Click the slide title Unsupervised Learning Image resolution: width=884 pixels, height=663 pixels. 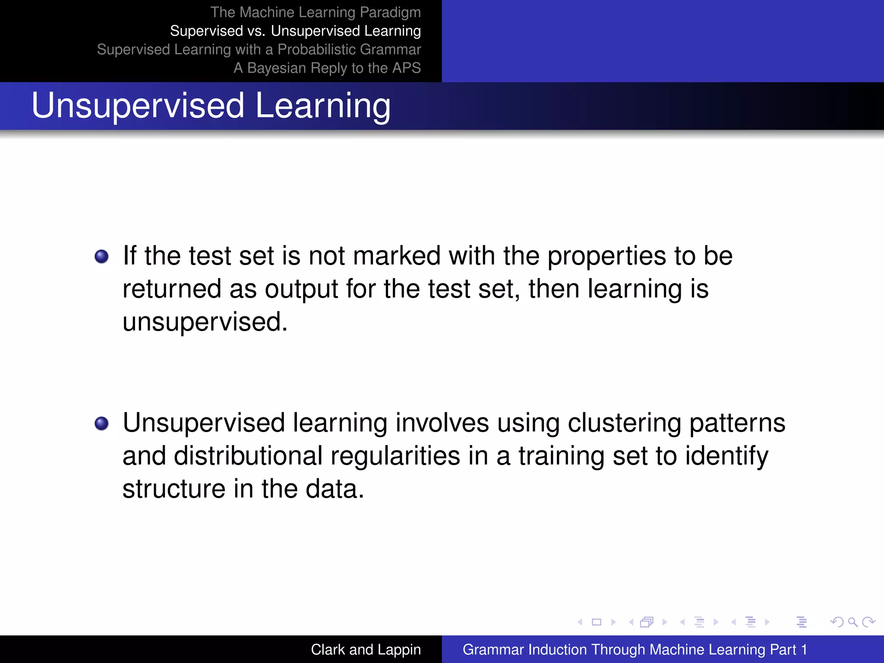pyautogui.click(x=211, y=106)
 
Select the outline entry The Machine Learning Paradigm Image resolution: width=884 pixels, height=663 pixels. pyautogui.click(x=316, y=12)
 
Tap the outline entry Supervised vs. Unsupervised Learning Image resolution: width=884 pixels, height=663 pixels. pyautogui.click(x=295, y=31)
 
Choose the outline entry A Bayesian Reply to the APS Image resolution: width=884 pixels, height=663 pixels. pyautogui.click(x=327, y=68)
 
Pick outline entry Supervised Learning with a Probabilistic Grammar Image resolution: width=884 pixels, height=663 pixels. pyautogui.click(x=259, y=49)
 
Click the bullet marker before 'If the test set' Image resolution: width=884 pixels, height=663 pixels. pyautogui.click(x=102, y=256)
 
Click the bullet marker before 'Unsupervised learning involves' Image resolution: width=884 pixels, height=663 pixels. pyautogui.click(x=102, y=423)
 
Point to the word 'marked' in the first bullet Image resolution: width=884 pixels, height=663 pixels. pyautogui.click(x=397, y=256)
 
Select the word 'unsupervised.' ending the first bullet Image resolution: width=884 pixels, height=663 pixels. pyautogui.click(x=205, y=322)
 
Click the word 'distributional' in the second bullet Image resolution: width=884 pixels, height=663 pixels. pyautogui.click(x=248, y=456)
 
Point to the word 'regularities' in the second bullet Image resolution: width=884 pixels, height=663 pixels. pyautogui.click(x=395, y=457)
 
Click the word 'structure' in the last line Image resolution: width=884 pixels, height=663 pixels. pyautogui.click(x=174, y=489)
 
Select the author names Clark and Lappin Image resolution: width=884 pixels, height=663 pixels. pyautogui.click(x=366, y=649)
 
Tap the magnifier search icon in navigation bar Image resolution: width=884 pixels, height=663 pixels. pyautogui.click(x=852, y=622)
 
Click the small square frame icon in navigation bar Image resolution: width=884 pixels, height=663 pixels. pyautogui.click(x=597, y=622)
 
